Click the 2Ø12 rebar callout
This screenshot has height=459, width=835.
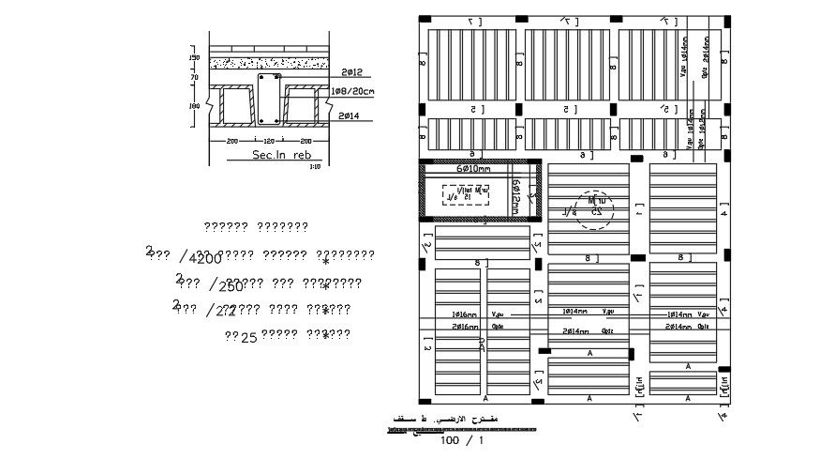pos(352,72)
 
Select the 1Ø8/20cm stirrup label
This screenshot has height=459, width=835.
pos(353,92)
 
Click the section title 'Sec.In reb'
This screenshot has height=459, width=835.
pos(281,154)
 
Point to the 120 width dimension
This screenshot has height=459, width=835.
pos(269,140)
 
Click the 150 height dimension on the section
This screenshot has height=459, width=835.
pos(195,58)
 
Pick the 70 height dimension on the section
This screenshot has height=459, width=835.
pos(195,78)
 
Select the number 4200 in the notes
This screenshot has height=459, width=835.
pos(204,259)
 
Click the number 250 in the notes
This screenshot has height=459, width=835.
pos(230,286)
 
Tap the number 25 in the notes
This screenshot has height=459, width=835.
pos(249,336)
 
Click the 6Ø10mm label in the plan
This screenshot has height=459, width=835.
pos(473,169)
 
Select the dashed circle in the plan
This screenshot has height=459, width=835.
pos(593,209)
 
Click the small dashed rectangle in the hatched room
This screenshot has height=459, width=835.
pos(467,194)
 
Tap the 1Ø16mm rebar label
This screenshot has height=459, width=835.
pos(465,314)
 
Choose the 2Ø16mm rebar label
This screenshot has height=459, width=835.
pos(465,327)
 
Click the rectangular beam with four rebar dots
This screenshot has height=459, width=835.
pos(269,99)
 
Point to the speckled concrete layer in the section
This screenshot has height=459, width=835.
pos(268,63)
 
